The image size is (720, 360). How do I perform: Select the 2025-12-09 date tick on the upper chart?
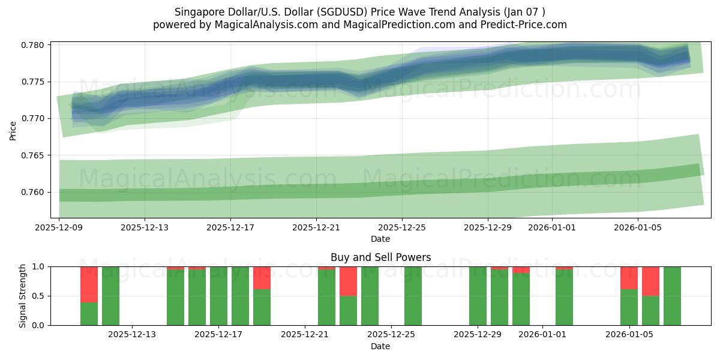pyautogui.click(x=59, y=227)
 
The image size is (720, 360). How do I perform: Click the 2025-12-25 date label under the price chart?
pyautogui.click(x=401, y=227)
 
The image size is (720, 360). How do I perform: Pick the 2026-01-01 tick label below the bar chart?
pyautogui.click(x=542, y=335)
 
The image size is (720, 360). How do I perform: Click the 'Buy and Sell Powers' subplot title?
pyautogui.click(x=380, y=257)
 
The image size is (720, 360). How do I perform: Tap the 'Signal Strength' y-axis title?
pyautogui.click(x=23, y=296)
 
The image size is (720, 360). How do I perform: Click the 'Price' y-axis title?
pyautogui.click(x=13, y=130)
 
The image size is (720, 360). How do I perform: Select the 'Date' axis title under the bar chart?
pyautogui.click(x=380, y=346)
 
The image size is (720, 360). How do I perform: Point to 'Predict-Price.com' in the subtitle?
pyautogui.click(x=524, y=25)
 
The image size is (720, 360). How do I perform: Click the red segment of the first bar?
pyautogui.click(x=89, y=284)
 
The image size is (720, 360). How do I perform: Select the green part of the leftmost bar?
pyautogui.click(x=89, y=314)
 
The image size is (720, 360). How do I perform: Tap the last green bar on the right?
pyautogui.click(x=672, y=296)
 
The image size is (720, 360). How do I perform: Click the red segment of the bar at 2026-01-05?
pyautogui.click(x=629, y=278)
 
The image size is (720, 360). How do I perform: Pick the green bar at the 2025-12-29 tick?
pyautogui.click(x=478, y=296)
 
